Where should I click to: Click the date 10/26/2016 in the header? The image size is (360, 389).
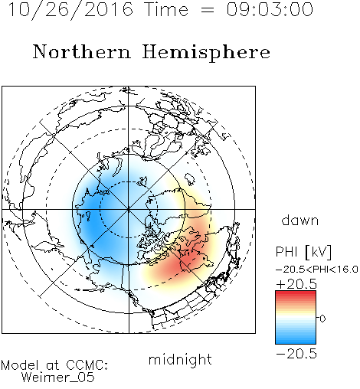pyautogui.click(x=70, y=10)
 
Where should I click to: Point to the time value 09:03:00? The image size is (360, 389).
pyautogui.click(x=270, y=9)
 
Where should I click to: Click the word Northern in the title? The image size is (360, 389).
pyautogui.click(x=82, y=52)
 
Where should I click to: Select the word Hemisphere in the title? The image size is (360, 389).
pyautogui.click(x=206, y=53)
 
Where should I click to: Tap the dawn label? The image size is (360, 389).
pyautogui.click(x=300, y=220)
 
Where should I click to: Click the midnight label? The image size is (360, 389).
pyautogui.click(x=180, y=359)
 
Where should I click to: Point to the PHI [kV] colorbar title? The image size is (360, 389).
pyautogui.click(x=303, y=252)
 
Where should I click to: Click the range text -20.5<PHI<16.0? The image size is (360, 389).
pyautogui.click(x=317, y=270)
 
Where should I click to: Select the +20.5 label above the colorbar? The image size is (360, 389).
pyautogui.click(x=296, y=284)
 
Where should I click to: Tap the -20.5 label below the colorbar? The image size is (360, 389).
pyautogui.click(x=296, y=354)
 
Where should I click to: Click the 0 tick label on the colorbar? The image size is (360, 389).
pyautogui.click(x=322, y=319)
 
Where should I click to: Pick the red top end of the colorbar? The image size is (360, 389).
pyautogui.click(x=296, y=293)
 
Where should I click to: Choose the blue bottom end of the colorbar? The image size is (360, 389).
pyautogui.click(x=296, y=342)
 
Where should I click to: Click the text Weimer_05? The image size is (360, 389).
pyautogui.click(x=58, y=378)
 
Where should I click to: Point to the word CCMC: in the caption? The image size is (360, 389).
pyautogui.click(x=87, y=365)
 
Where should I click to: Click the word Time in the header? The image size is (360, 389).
pyautogui.click(x=166, y=9)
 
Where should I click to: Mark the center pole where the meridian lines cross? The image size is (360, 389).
pyautogui.click(x=129, y=209)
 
